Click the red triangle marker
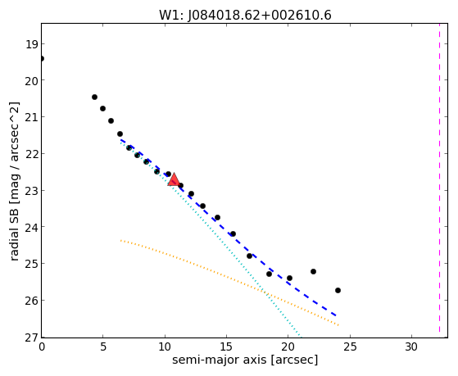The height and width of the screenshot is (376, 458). [174, 179]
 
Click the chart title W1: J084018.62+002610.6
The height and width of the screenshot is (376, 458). [245, 16]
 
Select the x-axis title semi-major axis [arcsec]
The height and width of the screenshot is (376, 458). [245, 360]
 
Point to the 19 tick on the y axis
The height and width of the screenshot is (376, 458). [31, 44]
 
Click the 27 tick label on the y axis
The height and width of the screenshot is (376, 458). [31, 337]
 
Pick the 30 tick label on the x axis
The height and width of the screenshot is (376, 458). [411, 347]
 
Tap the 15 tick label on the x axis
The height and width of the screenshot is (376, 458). [226, 347]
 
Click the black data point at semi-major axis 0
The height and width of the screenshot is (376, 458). [42, 59]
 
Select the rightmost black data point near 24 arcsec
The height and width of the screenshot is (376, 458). [338, 291]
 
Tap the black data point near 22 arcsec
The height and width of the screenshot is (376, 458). [314, 271]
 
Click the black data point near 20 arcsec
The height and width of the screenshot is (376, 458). [289, 278]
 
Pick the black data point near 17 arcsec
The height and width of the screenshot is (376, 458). [249, 256]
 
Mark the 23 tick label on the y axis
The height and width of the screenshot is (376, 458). [31, 191]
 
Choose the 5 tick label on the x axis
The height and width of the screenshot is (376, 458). [102, 347]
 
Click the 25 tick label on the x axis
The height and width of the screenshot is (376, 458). [350, 347]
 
